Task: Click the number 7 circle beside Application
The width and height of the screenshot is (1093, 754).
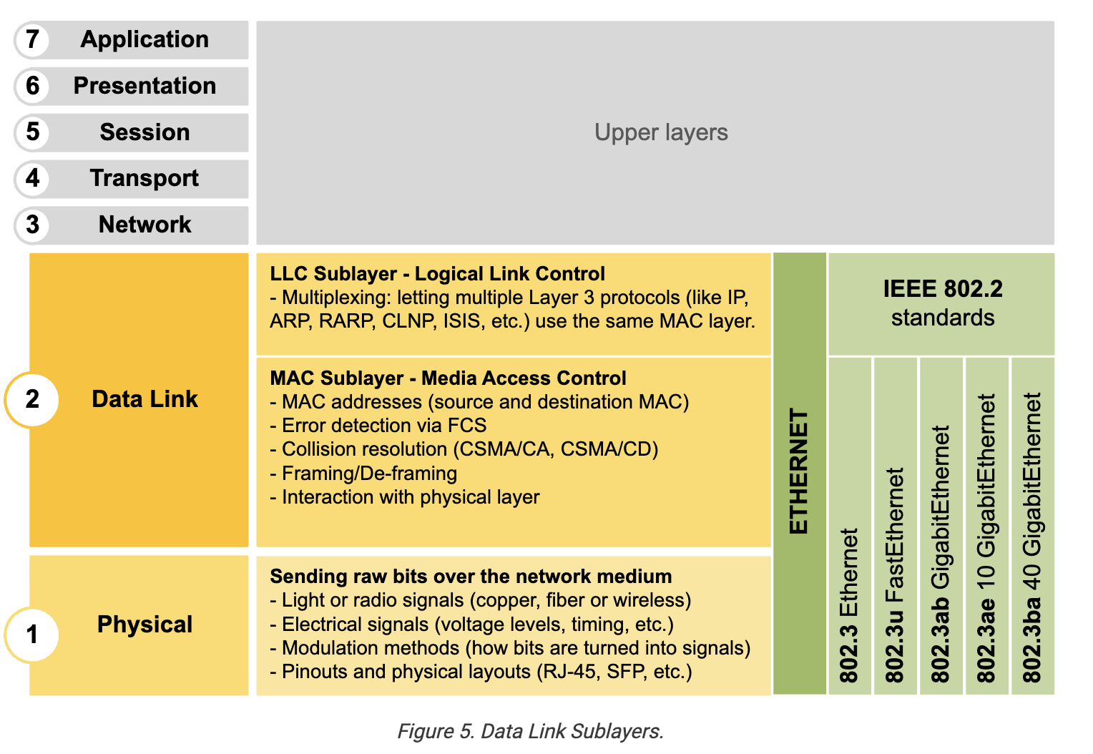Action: point(32,39)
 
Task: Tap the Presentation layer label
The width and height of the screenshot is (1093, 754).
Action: point(145,86)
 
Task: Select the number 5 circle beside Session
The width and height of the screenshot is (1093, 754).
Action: point(32,132)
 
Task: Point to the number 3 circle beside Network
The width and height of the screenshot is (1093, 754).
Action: point(32,225)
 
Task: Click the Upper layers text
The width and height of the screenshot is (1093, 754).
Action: point(661,133)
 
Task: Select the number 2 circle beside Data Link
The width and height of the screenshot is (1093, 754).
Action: point(32,400)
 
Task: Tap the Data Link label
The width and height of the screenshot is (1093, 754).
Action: point(145,399)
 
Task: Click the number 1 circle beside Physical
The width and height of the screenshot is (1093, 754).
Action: point(32,635)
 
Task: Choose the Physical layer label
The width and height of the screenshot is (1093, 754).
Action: point(145,625)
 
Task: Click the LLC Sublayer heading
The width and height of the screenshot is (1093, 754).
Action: point(437,274)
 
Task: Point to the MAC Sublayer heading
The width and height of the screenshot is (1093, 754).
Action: point(448,378)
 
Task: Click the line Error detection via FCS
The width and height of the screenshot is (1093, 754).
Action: point(378,426)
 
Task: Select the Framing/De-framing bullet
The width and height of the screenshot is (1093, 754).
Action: point(364,474)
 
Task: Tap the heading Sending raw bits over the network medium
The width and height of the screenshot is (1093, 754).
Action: point(471,577)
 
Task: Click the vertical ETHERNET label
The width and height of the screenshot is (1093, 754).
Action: point(799,471)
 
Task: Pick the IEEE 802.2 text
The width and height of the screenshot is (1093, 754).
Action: point(943,289)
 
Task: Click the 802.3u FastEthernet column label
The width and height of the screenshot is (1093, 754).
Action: point(896,575)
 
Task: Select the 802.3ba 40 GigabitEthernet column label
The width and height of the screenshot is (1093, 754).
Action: point(1033,537)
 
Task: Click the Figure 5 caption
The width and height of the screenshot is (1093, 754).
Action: point(530,732)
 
